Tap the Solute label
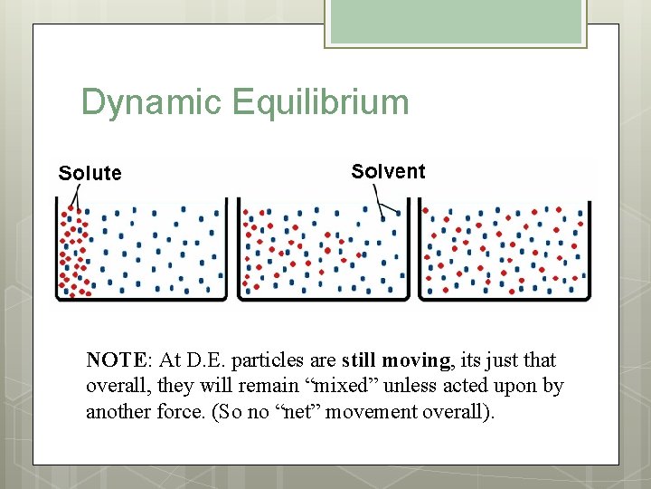tap(90, 173)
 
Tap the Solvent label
tap(388, 171)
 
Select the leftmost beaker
tap(141, 250)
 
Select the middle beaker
tap(323, 250)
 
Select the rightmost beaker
tap(504, 250)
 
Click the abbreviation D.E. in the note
tap(199, 360)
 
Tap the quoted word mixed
tap(347, 386)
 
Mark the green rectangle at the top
tap(456, 22)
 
